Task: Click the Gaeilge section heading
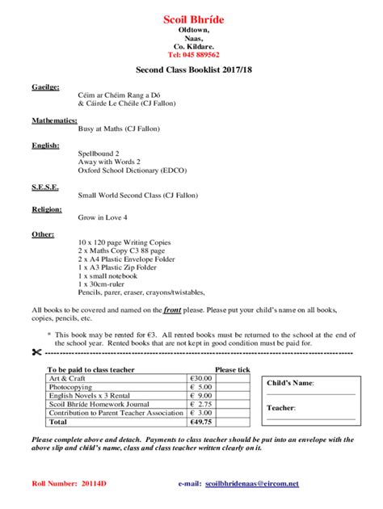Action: pyautogui.click(x=46, y=85)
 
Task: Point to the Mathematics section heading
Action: pyautogui.click(x=54, y=120)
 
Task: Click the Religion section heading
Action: pyautogui.click(x=47, y=209)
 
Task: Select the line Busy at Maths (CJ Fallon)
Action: pyautogui.click(x=119, y=128)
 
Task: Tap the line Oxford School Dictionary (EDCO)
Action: pyautogui.click(x=129, y=170)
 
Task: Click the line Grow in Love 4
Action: pyautogui.click(x=103, y=217)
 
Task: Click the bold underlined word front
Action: pyautogui.click(x=172, y=309)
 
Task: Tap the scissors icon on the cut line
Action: pyautogui.click(x=36, y=353)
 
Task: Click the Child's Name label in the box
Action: pyautogui.click(x=292, y=383)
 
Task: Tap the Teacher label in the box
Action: pyautogui.click(x=281, y=408)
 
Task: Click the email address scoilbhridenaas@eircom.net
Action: pyautogui.click(x=252, y=484)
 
